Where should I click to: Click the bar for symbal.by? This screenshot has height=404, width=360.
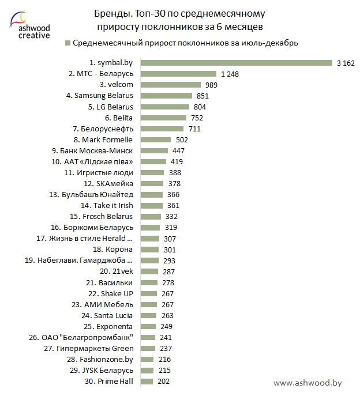[236, 63]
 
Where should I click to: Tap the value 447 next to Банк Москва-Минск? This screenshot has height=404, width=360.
[179, 150]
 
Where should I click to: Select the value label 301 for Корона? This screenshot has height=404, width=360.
[169, 250]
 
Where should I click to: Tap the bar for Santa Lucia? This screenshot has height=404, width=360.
[148, 315]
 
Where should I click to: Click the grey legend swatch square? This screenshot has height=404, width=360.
[69, 43]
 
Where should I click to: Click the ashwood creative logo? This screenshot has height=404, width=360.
[29, 27]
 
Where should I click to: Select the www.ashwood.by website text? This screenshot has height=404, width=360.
[307, 383]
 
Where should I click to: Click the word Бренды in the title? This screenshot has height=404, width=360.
[110, 13]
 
